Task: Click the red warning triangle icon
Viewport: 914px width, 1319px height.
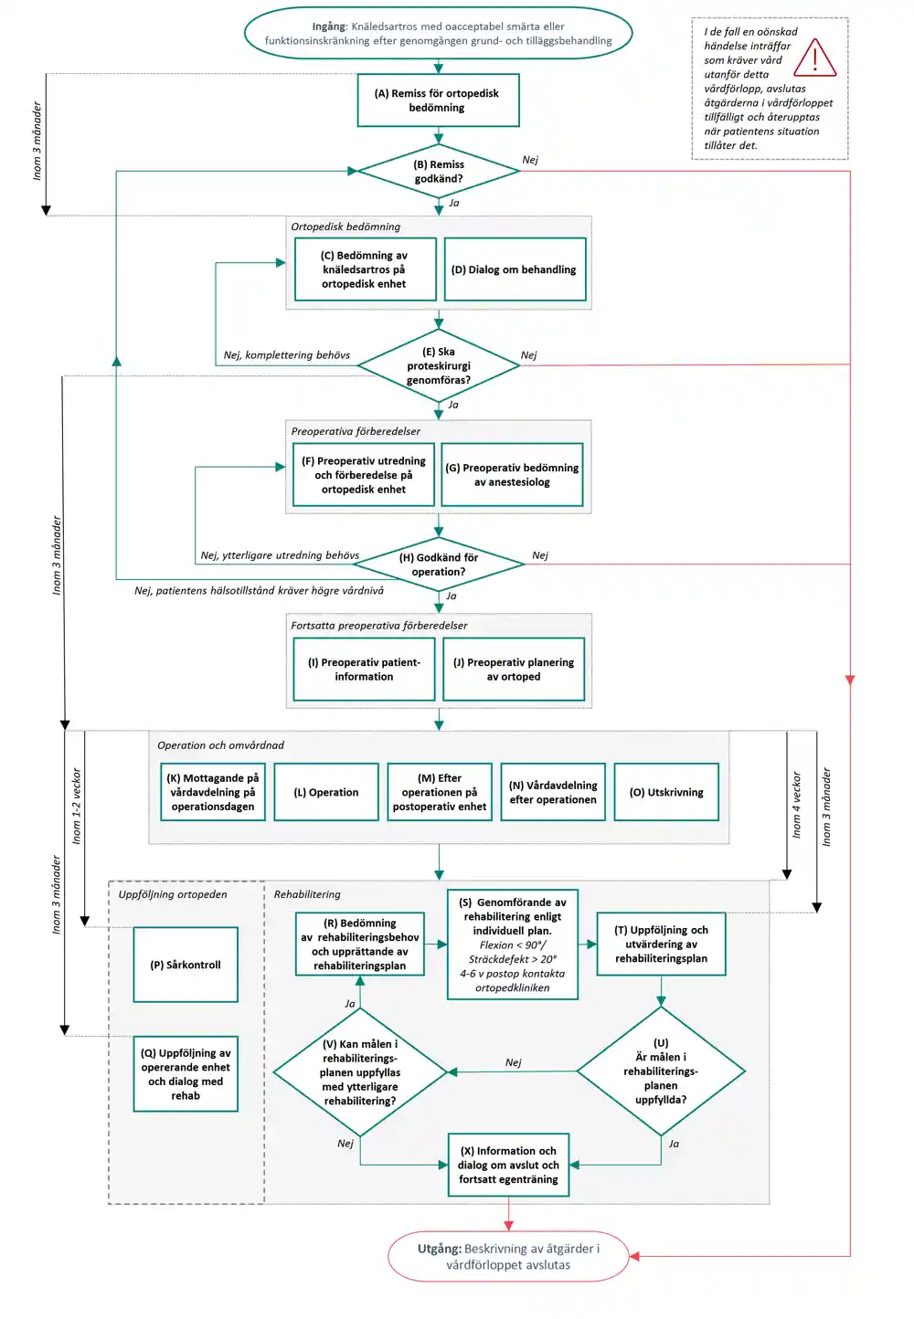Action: [814, 58]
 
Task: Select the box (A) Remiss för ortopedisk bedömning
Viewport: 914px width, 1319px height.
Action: [438, 100]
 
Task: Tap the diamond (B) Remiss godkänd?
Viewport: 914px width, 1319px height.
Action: [439, 172]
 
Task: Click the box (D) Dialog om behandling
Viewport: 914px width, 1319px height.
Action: [515, 269]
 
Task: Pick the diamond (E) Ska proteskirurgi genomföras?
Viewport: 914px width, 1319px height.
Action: [439, 365]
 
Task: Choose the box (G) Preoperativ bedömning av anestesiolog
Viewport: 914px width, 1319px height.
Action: [512, 475]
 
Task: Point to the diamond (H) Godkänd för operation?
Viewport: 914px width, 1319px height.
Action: [439, 565]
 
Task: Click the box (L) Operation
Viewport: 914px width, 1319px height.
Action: [326, 792]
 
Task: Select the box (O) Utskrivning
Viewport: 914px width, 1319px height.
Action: [666, 792]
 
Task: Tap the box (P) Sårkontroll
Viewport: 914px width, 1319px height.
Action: [186, 965]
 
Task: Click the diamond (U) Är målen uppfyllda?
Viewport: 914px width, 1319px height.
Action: [661, 1071]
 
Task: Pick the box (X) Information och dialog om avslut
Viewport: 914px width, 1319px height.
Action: [508, 1165]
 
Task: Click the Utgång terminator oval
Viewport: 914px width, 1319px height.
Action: [508, 1256]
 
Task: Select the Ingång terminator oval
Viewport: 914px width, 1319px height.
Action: [438, 33]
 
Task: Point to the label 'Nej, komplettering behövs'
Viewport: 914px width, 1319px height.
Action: [286, 355]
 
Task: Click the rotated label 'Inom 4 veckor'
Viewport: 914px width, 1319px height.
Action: [796, 805]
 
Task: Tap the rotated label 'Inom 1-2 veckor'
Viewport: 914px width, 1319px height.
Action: [76, 806]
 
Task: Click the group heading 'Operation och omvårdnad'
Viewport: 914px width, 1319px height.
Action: [220, 744]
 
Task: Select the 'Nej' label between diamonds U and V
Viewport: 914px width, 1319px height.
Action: [513, 1061]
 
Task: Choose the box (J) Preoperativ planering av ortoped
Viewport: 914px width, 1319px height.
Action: [514, 670]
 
